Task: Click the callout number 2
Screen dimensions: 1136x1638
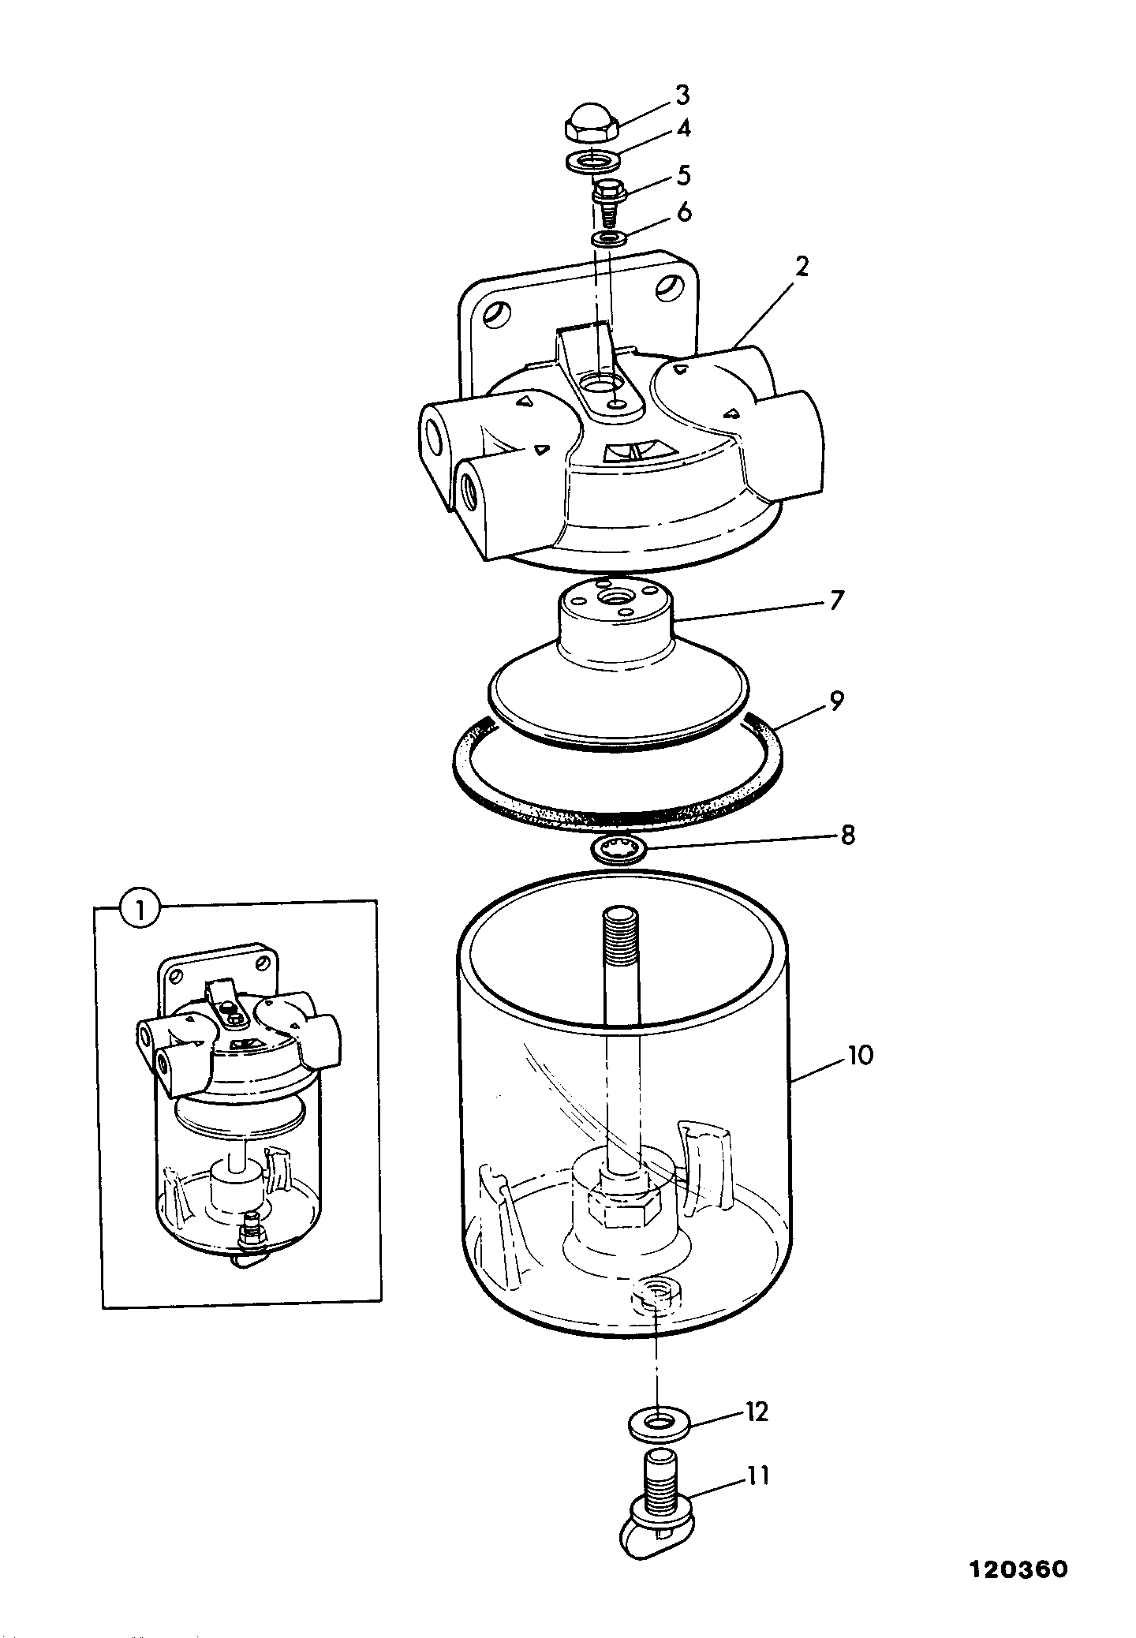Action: [x=802, y=267]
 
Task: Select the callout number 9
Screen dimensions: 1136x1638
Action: [x=837, y=700]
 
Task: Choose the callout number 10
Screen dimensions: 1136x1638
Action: [x=860, y=1055]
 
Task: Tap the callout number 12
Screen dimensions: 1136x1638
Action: [x=756, y=1412]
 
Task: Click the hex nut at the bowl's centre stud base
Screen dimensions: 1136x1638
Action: [x=630, y=1214]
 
